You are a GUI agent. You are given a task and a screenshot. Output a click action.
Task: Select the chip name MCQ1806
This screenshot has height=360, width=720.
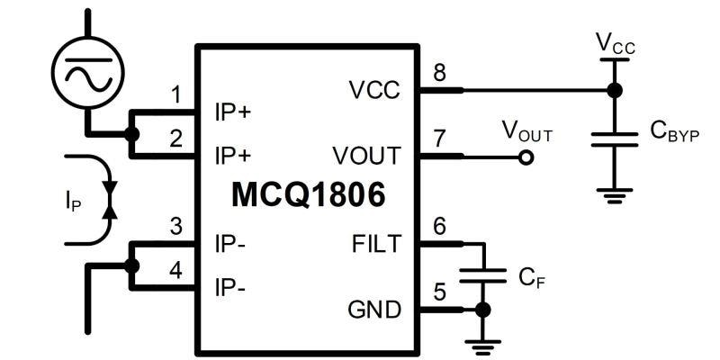(x=308, y=193)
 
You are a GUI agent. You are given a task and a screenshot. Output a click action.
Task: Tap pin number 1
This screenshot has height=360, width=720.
(x=176, y=94)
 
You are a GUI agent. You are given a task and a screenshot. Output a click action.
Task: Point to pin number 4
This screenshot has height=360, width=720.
(x=176, y=267)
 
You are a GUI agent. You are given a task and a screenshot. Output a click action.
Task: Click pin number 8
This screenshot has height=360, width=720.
(x=439, y=72)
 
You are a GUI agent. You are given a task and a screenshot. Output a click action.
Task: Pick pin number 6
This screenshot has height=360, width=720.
(x=439, y=225)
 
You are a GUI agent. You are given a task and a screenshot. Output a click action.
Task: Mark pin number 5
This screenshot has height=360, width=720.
(x=439, y=292)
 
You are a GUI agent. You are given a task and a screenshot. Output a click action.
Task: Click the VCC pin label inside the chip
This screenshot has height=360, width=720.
(x=374, y=90)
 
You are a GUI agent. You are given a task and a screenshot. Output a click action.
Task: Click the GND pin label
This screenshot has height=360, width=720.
(x=373, y=310)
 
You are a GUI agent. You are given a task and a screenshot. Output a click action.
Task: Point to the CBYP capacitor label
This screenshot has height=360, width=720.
(x=674, y=131)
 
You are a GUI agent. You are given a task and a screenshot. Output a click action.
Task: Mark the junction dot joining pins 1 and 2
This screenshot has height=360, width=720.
(x=132, y=134)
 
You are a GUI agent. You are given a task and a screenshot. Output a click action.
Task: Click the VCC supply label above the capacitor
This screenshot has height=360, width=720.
(x=616, y=43)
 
